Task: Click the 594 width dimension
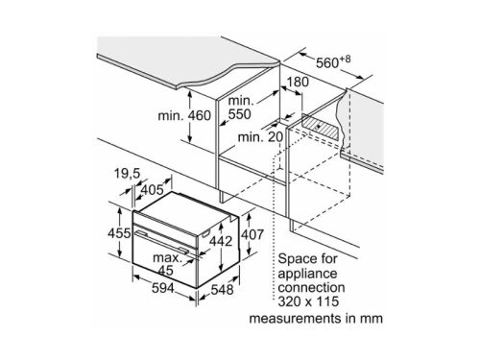pyautogui.click(x=163, y=288)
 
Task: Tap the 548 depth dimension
pyautogui.click(x=222, y=290)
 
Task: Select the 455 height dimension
pyautogui.click(x=119, y=233)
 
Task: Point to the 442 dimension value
pyautogui.click(x=221, y=241)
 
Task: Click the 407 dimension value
pyautogui.click(x=252, y=234)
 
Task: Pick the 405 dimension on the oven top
pyautogui.click(x=153, y=190)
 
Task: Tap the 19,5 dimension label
pyautogui.click(x=127, y=174)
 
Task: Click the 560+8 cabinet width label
pyautogui.click(x=333, y=61)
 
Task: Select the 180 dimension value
pyautogui.click(x=298, y=82)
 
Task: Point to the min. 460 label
pyautogui.click(x=184, y=115)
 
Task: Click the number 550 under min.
pyautogui.click(x=239, y=114)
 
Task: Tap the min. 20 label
pyautogui.click(x=260, y=137)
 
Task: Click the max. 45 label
pyautogui.click(x=166, y=264)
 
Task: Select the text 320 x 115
pyautogui.click(x=308, y=301)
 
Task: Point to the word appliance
pyautogui.click(x=307, y=274)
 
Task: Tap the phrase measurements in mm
pyautogui.click(x=316, y=318)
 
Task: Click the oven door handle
pyautogui.click(x=161, y=242)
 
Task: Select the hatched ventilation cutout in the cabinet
pyautogui.click(x=320, y=127)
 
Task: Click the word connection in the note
pyautogui.click(x=311, y=287)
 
